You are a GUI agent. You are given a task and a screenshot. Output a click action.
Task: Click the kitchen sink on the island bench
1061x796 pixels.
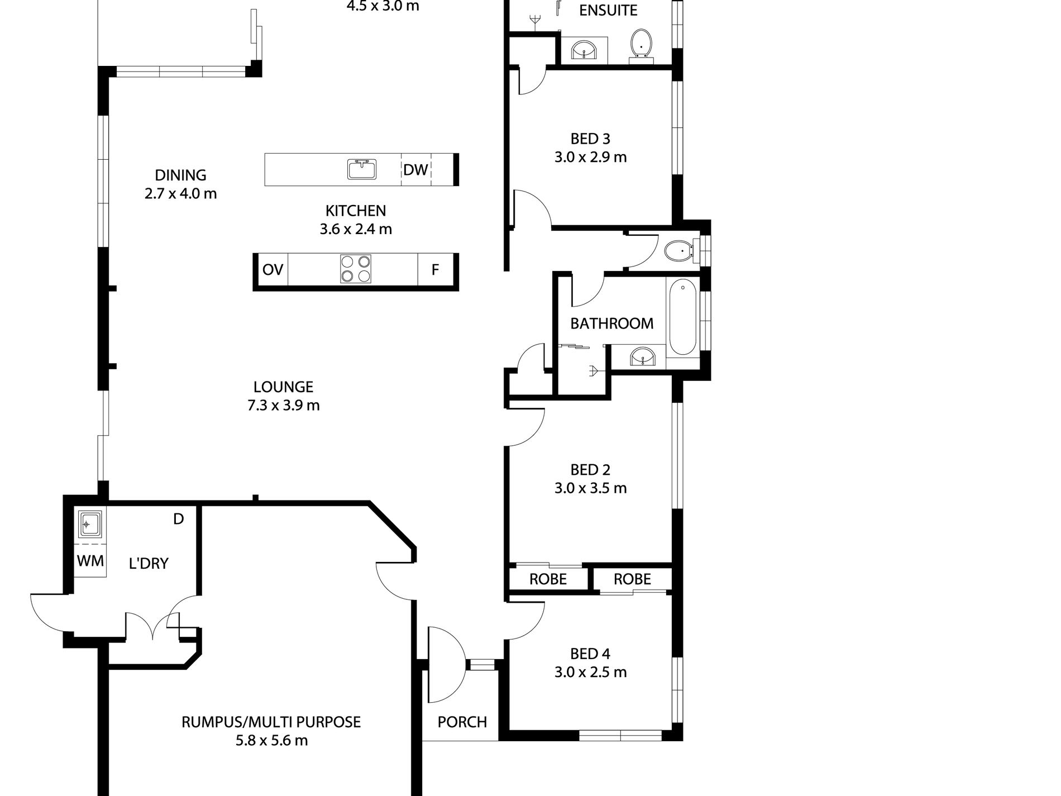point(362,169)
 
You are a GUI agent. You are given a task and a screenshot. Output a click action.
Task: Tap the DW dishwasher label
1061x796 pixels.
point(415,170)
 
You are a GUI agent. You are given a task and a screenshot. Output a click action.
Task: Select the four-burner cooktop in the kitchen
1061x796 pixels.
point(355,269)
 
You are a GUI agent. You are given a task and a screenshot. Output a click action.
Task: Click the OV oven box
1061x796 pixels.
point(273,270)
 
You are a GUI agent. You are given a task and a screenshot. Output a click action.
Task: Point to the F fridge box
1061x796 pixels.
point(435,270)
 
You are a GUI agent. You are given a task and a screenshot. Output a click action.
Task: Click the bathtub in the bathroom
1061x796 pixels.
point(682,318)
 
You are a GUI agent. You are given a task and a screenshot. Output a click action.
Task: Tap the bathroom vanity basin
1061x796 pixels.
point(643,357)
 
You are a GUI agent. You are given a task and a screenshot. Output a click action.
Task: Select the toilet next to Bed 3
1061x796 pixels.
point(678,251)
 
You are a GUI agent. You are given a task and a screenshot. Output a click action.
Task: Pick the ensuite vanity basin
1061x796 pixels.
point(584,50)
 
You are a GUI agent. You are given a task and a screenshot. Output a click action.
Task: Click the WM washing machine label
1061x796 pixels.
point(90,561)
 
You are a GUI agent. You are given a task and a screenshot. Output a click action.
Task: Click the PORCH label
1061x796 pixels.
point(462,722)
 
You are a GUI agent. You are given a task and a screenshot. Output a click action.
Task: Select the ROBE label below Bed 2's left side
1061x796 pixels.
point(548,579)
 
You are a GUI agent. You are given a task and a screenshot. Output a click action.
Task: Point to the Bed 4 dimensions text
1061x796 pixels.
point(590,672)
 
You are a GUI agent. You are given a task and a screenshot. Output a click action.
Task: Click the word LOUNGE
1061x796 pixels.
point(283,387)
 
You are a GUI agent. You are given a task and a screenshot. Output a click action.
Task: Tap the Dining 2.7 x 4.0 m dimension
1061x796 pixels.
point(180,194)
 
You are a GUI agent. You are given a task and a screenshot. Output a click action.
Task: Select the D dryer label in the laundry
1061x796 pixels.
point(178,519)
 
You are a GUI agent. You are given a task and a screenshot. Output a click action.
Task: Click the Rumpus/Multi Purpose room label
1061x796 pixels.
point(271,722)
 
